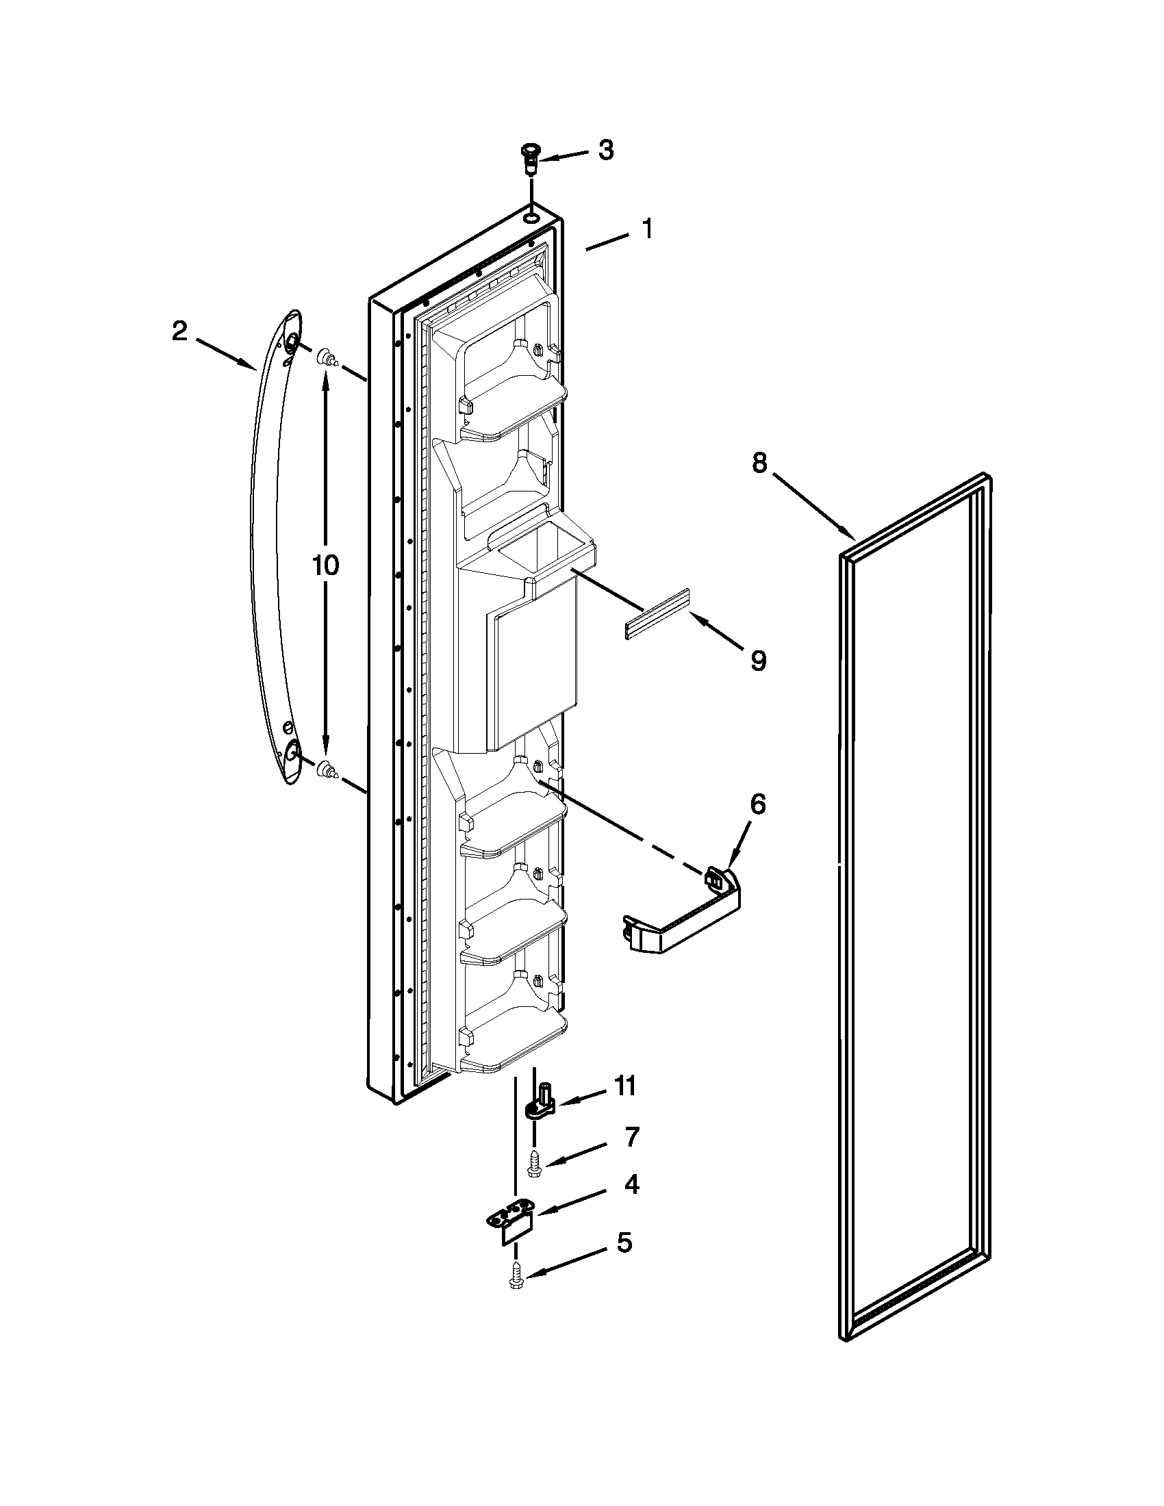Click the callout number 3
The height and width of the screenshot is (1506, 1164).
pos(605,151)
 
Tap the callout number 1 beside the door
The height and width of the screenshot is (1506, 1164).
pos(647,228)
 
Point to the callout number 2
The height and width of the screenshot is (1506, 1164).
pos(179,332)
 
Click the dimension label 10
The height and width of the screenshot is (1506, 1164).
pos(325,565)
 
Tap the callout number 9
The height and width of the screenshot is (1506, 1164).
pos(758,661)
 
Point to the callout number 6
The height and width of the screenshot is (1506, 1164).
pos(757,805)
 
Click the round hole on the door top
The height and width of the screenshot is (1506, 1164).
pos(530,218)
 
